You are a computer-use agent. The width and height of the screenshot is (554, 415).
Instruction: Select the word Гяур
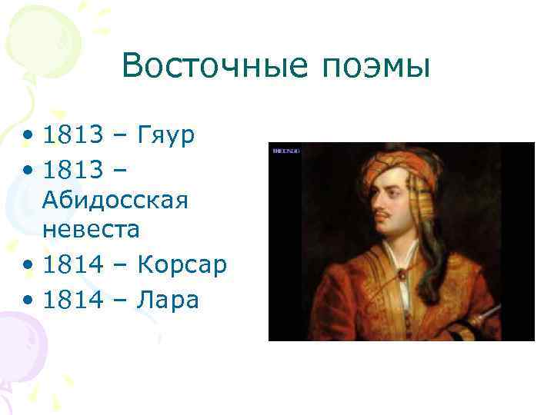(166, 135)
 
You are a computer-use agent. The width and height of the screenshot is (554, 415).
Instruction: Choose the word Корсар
(182, 264)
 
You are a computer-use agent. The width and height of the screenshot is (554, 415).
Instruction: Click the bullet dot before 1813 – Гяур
(28, 137)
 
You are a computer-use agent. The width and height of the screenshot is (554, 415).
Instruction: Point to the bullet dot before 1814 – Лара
(28, 300)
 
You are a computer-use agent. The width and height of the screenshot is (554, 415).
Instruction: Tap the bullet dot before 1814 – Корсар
(28, 266)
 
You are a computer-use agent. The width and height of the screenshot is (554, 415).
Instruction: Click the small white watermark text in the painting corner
(286, 151)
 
